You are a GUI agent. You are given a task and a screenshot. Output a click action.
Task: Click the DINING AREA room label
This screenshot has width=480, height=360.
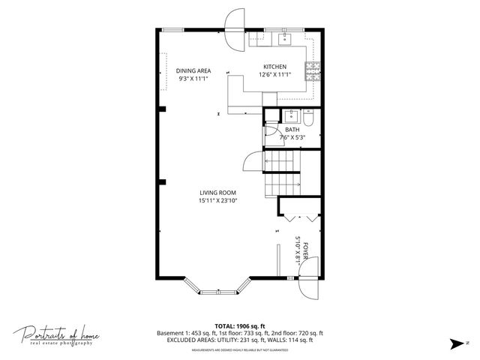coord(193,70)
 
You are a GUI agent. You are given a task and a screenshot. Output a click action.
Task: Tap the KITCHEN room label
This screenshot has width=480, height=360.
coord(274,66)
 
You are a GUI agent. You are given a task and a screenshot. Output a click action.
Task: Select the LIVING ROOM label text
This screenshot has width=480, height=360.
coord(217,192)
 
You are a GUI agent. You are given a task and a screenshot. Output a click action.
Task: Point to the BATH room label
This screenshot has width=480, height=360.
coord(292,129)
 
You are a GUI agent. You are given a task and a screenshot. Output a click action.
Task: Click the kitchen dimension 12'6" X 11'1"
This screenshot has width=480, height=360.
coord(274,74)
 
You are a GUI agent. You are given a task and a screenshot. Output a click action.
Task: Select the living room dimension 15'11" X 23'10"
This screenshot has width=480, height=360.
coord(217,200)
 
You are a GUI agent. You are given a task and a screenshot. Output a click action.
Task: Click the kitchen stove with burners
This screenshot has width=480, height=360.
coord(313,72)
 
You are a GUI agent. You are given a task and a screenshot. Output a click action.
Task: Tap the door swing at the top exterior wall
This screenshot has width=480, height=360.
coord(234,20)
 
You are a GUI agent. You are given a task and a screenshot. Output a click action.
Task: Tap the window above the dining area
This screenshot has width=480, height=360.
coord(173,29)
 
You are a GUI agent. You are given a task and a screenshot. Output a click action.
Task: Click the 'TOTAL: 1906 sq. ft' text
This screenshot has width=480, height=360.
coord(239,325)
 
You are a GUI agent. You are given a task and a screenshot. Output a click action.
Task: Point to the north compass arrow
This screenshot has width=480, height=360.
coord(454,344)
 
